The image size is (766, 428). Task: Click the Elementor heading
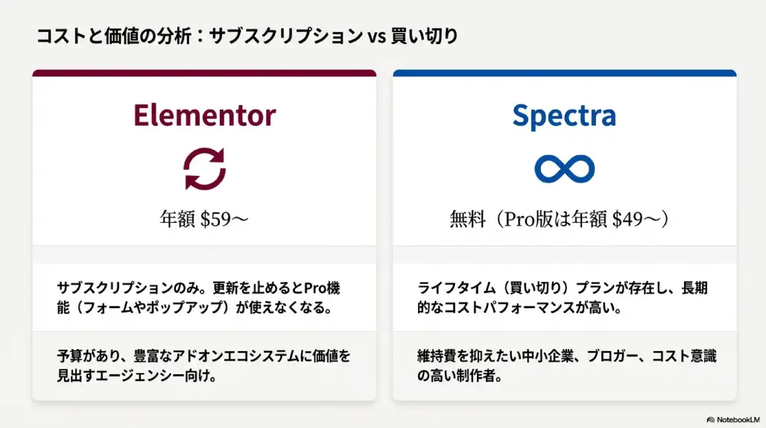[204, 116]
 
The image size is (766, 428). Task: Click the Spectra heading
[564, 116]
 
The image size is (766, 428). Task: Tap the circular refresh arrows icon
[204, 169]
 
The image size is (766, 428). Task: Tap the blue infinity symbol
[564, 169]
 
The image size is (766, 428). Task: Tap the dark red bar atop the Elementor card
[204, 73]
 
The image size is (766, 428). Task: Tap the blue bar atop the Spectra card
[564, 73]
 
